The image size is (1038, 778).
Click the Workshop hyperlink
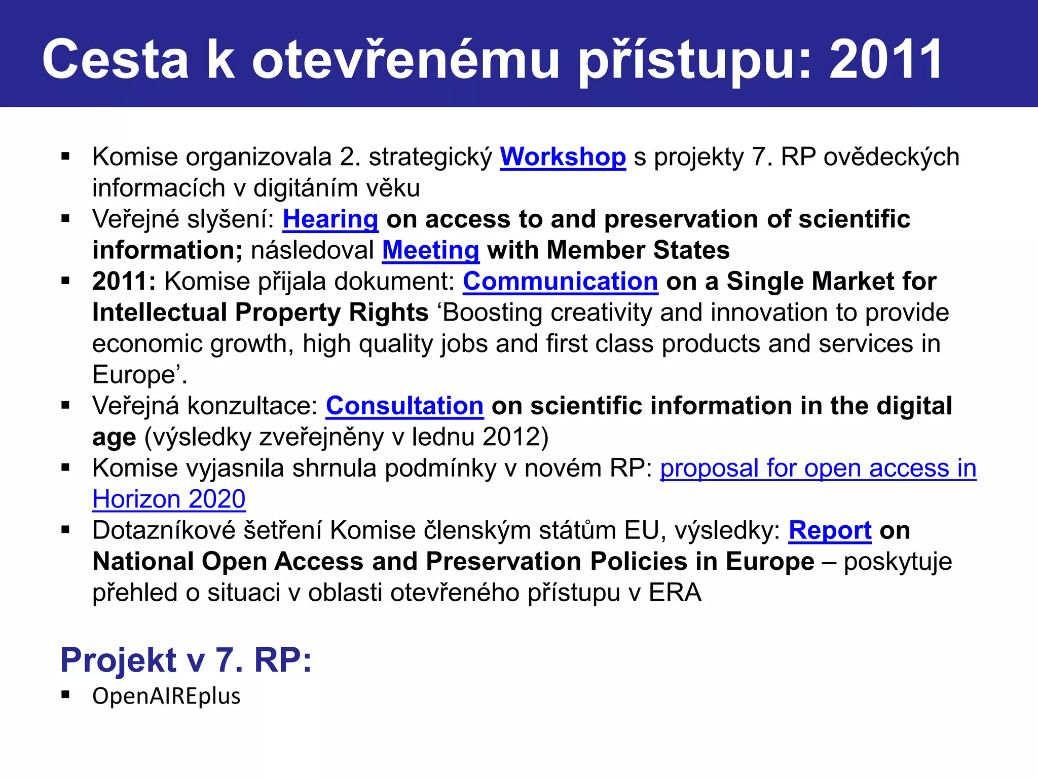point(563,157)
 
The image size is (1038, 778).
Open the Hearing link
point(330,219)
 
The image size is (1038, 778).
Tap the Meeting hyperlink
point(430,250)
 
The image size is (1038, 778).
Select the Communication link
point(560,281)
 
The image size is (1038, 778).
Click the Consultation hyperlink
point(404,406)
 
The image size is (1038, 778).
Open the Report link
point(830,530)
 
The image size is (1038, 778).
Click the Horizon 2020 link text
point(169,499)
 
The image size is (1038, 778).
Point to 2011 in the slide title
point(885,60)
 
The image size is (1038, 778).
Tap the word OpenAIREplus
point(166,696)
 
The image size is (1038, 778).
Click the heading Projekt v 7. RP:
point(186,659)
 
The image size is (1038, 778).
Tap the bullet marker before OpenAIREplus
point(65,694)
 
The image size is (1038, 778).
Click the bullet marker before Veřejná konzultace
point(65,405)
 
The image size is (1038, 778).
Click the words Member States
point(638,250)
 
